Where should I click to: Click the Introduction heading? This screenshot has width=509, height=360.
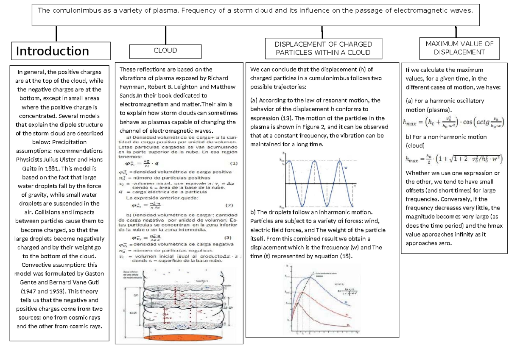point(53,51)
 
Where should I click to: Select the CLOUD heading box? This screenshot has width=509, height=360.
point(165,50)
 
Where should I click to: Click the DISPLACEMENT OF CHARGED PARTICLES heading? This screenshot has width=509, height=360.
point(323,48)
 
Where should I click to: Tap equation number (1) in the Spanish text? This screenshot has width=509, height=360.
point(234,163)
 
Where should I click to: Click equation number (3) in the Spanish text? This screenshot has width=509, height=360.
point(228,237)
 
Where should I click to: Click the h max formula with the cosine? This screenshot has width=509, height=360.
point(453,123)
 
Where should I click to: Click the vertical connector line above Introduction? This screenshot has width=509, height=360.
point(56,33)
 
